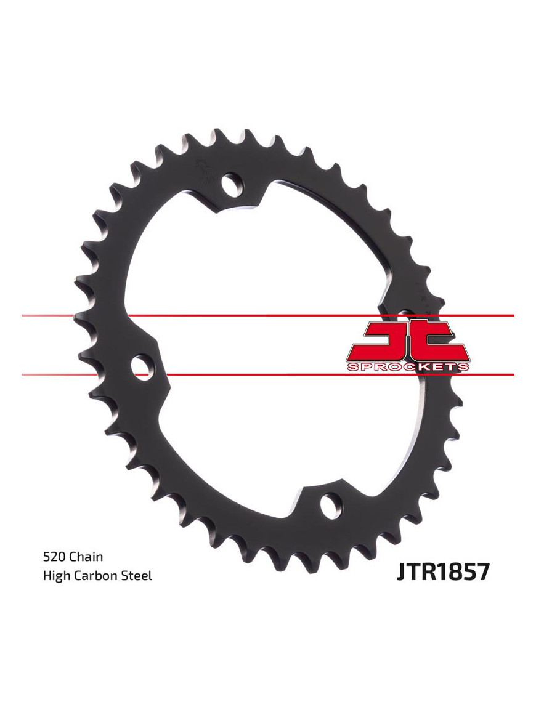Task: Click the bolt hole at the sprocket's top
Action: pos(232,184)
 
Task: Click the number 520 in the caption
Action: pos(54,557)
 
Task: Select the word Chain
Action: pos(86,557)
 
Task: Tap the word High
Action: pos(55,576)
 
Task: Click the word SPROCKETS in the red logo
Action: pos(407,367)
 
